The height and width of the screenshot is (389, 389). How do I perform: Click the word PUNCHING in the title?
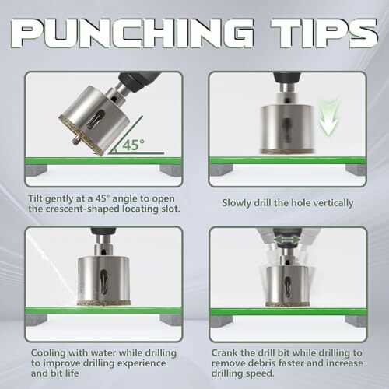click(x=132, y=33)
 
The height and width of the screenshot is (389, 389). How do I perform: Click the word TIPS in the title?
click(x=324, y=33)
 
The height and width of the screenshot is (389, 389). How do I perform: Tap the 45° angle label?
click(x=133, y=145)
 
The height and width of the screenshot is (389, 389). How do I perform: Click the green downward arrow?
click(x=329, y=118)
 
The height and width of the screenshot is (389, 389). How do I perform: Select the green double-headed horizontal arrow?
click(x=286, y=240)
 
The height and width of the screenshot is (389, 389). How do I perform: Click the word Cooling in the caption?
click(x=48, y=353)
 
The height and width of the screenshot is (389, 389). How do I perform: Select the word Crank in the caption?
click(x=224, y=352)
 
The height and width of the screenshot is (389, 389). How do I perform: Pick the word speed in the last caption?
click(x=259, y=373)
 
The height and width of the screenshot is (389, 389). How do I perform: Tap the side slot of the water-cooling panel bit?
click(x=103, y=281)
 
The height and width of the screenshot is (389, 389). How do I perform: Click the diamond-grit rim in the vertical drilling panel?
click(x=287, y=152)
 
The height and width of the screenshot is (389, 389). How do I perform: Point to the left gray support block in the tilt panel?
click(x=37, y=170)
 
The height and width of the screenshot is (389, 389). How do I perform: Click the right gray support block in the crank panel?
click(x=356, y=321)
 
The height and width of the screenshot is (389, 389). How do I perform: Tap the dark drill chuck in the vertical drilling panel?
click(x=286, y=78)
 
